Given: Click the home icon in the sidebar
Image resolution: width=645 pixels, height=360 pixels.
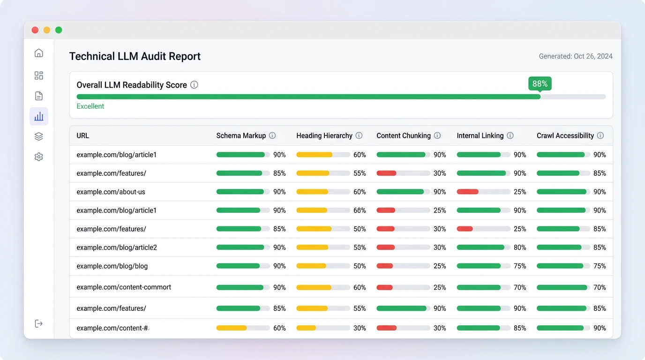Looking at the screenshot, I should tap(39, 53).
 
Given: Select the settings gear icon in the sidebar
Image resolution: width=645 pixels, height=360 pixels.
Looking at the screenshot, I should tap(39, 157).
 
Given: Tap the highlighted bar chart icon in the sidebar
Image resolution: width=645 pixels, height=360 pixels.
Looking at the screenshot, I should tap(39, 116).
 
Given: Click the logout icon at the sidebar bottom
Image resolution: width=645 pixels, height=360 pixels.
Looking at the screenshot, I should tap(39, 323).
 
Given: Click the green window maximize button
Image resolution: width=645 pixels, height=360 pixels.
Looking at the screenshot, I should tap(59, 30).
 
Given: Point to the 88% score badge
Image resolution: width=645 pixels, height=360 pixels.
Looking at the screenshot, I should tap(540, 84).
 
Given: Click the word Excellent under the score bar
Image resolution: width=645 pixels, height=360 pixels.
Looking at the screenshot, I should tap(90, 106).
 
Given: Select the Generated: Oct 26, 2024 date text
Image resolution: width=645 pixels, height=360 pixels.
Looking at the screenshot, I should tap(576, 56).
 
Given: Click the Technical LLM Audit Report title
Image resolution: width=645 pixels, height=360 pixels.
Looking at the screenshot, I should tap(135, 56).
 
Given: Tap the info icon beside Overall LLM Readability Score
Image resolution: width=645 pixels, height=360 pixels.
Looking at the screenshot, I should tap(194, 85).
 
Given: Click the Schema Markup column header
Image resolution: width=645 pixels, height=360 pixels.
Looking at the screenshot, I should tap(241, 135).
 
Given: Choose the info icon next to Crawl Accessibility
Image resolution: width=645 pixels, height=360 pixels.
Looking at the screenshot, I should tap(600, 135).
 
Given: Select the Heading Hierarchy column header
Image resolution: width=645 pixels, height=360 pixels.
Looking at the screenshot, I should tap(324, 135).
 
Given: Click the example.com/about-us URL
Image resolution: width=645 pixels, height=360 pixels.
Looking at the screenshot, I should tap(111, 192).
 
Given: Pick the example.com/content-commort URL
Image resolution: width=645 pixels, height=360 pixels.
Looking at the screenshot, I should tap(124, 287).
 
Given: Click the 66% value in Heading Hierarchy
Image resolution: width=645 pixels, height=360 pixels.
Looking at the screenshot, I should tap(360, 210).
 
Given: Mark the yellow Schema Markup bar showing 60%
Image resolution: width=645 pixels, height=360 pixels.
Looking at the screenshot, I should tap(232, 328).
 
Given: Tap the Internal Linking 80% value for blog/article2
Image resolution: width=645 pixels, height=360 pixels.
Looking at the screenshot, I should tap(520, 247).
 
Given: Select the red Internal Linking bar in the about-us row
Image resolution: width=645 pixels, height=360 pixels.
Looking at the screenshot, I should tap(468, 192).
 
